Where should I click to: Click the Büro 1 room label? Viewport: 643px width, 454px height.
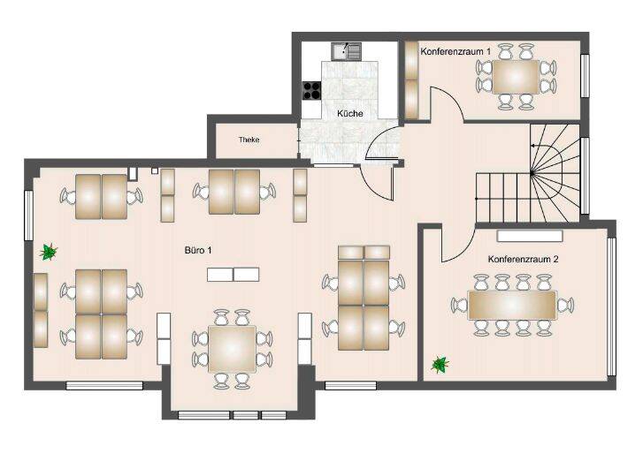[x=197, y=250]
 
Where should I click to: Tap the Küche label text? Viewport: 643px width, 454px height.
[x=350, y=114]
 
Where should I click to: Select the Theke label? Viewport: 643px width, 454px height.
[x=249, y=140]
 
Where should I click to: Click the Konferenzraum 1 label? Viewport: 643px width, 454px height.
[x=456, y=52]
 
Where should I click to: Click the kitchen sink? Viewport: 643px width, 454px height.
[x=346, y=51]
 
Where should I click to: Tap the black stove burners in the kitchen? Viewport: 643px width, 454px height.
[x=311, y=88]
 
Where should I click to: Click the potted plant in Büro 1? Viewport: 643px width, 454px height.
[x=49, y=253]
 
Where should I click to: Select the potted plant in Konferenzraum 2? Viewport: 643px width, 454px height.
[x=439, y=363]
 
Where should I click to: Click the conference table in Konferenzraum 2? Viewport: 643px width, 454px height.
[x=512, y=306]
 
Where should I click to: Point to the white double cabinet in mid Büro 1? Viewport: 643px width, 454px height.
[x=233, y=274]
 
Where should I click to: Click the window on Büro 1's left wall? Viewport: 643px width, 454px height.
[x=29, y=213]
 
